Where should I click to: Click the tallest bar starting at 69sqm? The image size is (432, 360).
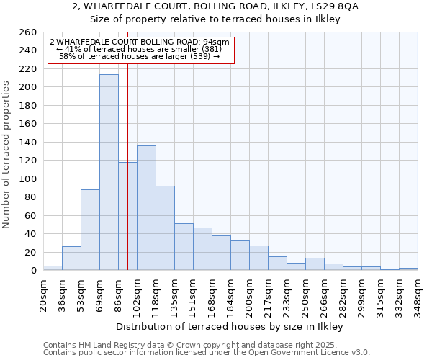point(109,172)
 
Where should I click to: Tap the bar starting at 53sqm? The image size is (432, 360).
point(90,230)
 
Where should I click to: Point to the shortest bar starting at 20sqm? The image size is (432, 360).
point(53,268)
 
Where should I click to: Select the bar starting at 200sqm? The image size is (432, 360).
point(258,258)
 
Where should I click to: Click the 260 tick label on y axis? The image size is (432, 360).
point(28,32)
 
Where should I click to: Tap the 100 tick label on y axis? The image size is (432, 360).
point(28,179)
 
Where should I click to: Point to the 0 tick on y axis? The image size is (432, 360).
point(34,271)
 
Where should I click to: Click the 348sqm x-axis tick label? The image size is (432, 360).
point(418,294)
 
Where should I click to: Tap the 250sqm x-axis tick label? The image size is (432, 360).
point(306,294)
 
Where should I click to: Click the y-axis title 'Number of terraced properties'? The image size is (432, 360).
point(6,154)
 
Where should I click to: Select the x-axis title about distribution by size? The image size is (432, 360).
point(229,326)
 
